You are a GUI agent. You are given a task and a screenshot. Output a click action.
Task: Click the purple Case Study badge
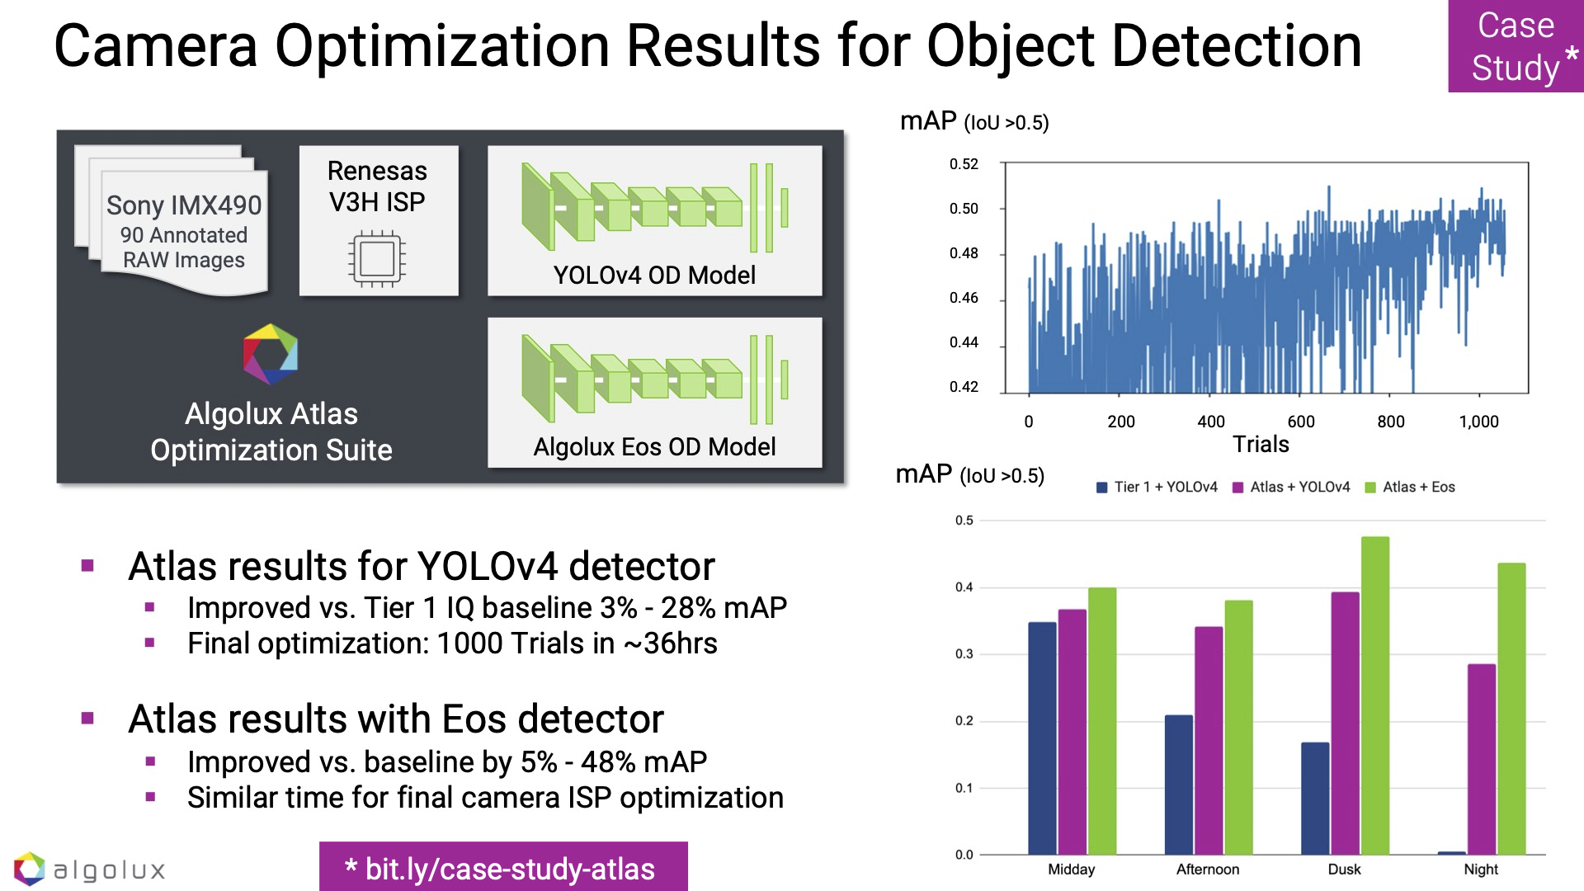coord(1516,46)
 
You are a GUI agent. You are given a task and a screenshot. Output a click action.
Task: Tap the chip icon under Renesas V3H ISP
coord(377,260)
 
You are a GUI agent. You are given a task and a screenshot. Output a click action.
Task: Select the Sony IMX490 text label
coord(184,205)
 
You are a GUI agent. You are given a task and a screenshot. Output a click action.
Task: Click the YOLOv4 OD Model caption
coord(654,275)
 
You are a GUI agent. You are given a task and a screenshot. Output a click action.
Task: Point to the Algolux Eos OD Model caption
coord(654,446)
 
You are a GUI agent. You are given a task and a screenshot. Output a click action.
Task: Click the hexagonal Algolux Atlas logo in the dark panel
coord(271,354)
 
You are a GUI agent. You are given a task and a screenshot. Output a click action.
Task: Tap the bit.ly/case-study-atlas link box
coord(503,868)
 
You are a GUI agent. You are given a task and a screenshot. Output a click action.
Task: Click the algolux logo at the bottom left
coord(90,870)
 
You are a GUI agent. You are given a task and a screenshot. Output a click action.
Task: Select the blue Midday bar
coord(1042,738)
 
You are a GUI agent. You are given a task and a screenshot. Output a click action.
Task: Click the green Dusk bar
coord(1374,695)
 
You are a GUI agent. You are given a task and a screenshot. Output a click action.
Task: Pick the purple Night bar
coord(1482,758)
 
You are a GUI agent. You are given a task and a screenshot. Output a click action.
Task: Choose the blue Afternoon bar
coord(1178,784)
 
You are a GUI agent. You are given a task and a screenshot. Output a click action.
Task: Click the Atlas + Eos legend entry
coord(1410,487)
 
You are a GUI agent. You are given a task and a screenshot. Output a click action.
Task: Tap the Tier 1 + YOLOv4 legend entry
coord(1157,487)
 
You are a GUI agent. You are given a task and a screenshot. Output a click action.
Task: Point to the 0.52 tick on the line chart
coord(964,164)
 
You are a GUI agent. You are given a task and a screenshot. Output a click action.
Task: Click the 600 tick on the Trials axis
coord(1301,422)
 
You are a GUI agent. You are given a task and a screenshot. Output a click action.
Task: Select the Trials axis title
coord(1261,445)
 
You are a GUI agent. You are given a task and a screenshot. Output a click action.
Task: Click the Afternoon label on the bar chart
coord(1208,870)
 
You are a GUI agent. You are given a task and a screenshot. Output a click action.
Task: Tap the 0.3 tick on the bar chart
coord(964,654)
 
